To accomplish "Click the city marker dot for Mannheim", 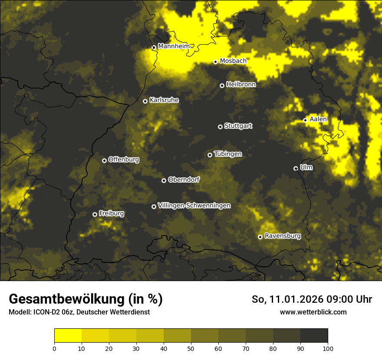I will pos(154,48).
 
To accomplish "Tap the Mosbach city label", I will pos(233,61).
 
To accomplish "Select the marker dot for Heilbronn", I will pos(222,85).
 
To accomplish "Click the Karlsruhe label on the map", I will pos(164,100).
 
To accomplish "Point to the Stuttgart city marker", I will pos(220,127).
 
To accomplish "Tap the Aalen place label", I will pos(318,119).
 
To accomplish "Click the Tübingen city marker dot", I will pos(210,155).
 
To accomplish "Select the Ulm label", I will pos(306,167).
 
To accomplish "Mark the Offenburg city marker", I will pos(104,160).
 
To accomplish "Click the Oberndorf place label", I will pos(184,180).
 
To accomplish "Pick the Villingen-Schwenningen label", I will pos(194,206).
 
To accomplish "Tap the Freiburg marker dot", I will pos(95,214).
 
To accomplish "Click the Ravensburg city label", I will pos(283,236).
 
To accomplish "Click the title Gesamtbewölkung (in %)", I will pos(86,299).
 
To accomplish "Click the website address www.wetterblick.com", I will pos(313,312).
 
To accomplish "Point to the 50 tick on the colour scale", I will pos(191,348).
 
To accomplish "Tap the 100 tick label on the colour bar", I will pos(327,348).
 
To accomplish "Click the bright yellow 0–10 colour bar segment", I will pos(68,336).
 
